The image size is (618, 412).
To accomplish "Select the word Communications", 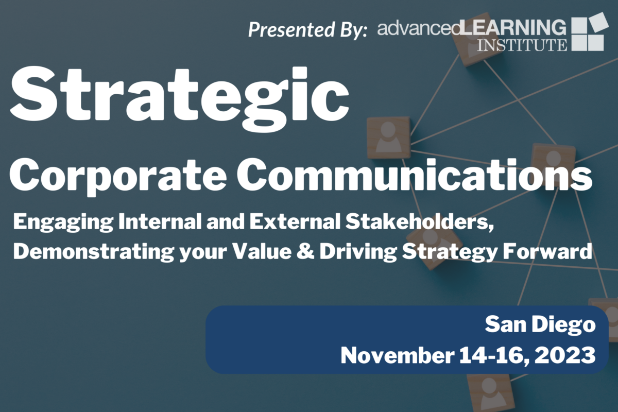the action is [x=414, y=175].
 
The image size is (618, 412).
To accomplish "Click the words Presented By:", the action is [x=307, y=29].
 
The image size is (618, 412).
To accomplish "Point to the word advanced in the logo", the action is [x=419, y=28].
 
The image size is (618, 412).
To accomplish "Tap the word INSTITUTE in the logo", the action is [x=522, y=45].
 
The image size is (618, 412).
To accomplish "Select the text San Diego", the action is [x=540, y=324].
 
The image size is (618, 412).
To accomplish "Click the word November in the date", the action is [x=397, y=355].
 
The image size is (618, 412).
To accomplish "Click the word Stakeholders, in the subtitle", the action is [x=419, y=222].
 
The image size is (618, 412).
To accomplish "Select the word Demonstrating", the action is [x=94, y=252].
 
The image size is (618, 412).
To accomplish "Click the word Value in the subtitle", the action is [x=262, y=251].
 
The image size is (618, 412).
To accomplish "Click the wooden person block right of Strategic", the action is [x=388, y=138].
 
